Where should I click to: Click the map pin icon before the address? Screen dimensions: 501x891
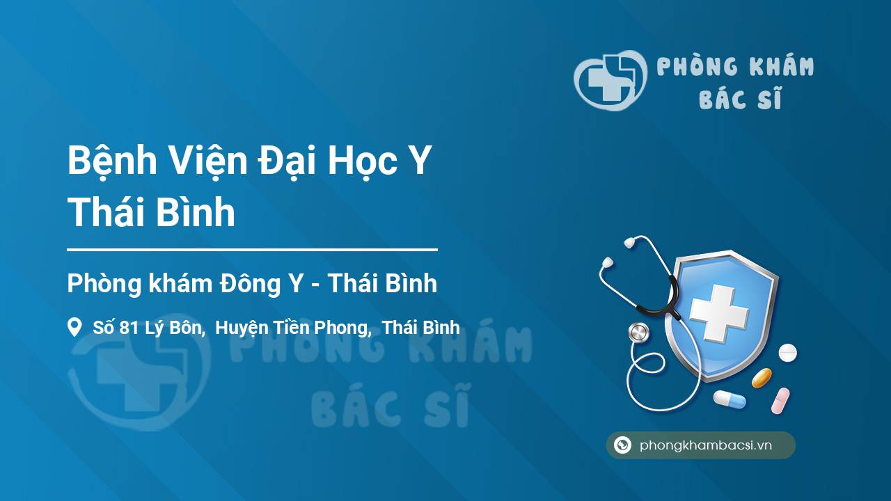pos(74,327)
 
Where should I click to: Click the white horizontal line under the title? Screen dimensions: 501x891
pos(252,248)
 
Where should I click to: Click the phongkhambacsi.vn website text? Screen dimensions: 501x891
pos(706,445)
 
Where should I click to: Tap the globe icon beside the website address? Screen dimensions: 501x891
pos(622,445)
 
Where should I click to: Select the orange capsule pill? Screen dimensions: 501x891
pos(762,378)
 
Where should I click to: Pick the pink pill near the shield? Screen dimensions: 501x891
pos(780,400)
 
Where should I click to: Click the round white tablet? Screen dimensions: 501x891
pos(787,353)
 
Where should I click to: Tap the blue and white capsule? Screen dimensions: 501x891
pos(729,399)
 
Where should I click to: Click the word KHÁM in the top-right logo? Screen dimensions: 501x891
pos(781,67)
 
